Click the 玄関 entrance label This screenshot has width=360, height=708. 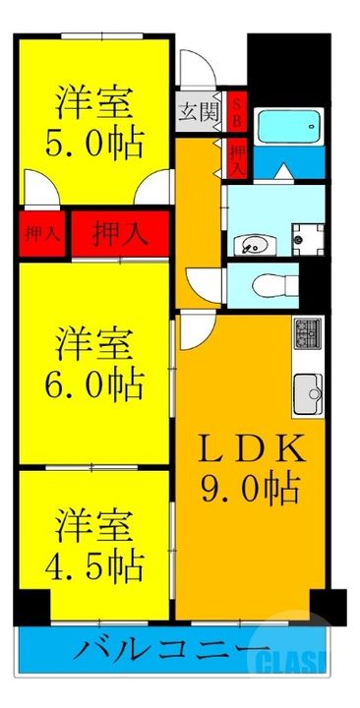tap(198, 112)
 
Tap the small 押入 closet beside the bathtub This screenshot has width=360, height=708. tap(237, 156)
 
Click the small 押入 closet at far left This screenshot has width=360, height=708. tap(39, 235)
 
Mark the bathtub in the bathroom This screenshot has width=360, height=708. tap(288, 126)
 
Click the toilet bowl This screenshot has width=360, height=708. tap(267, 285)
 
